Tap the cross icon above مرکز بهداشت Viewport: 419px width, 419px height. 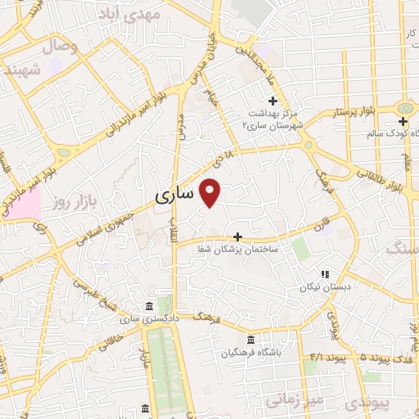click(273, 100)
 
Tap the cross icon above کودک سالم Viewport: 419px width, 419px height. click(403, 121)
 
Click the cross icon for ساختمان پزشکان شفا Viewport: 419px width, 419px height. click(238, 236)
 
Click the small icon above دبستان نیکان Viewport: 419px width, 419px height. click(326, 274)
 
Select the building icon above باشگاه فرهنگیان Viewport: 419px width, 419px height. click(250, 340)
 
